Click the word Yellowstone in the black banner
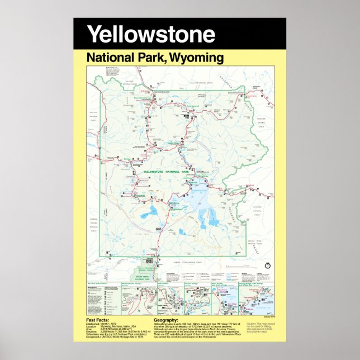point(151,34)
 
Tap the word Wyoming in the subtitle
point(197,58)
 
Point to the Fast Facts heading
point(98,320)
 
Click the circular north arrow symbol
point(267,264)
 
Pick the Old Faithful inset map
point(167,300)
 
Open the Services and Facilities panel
point(103,300)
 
